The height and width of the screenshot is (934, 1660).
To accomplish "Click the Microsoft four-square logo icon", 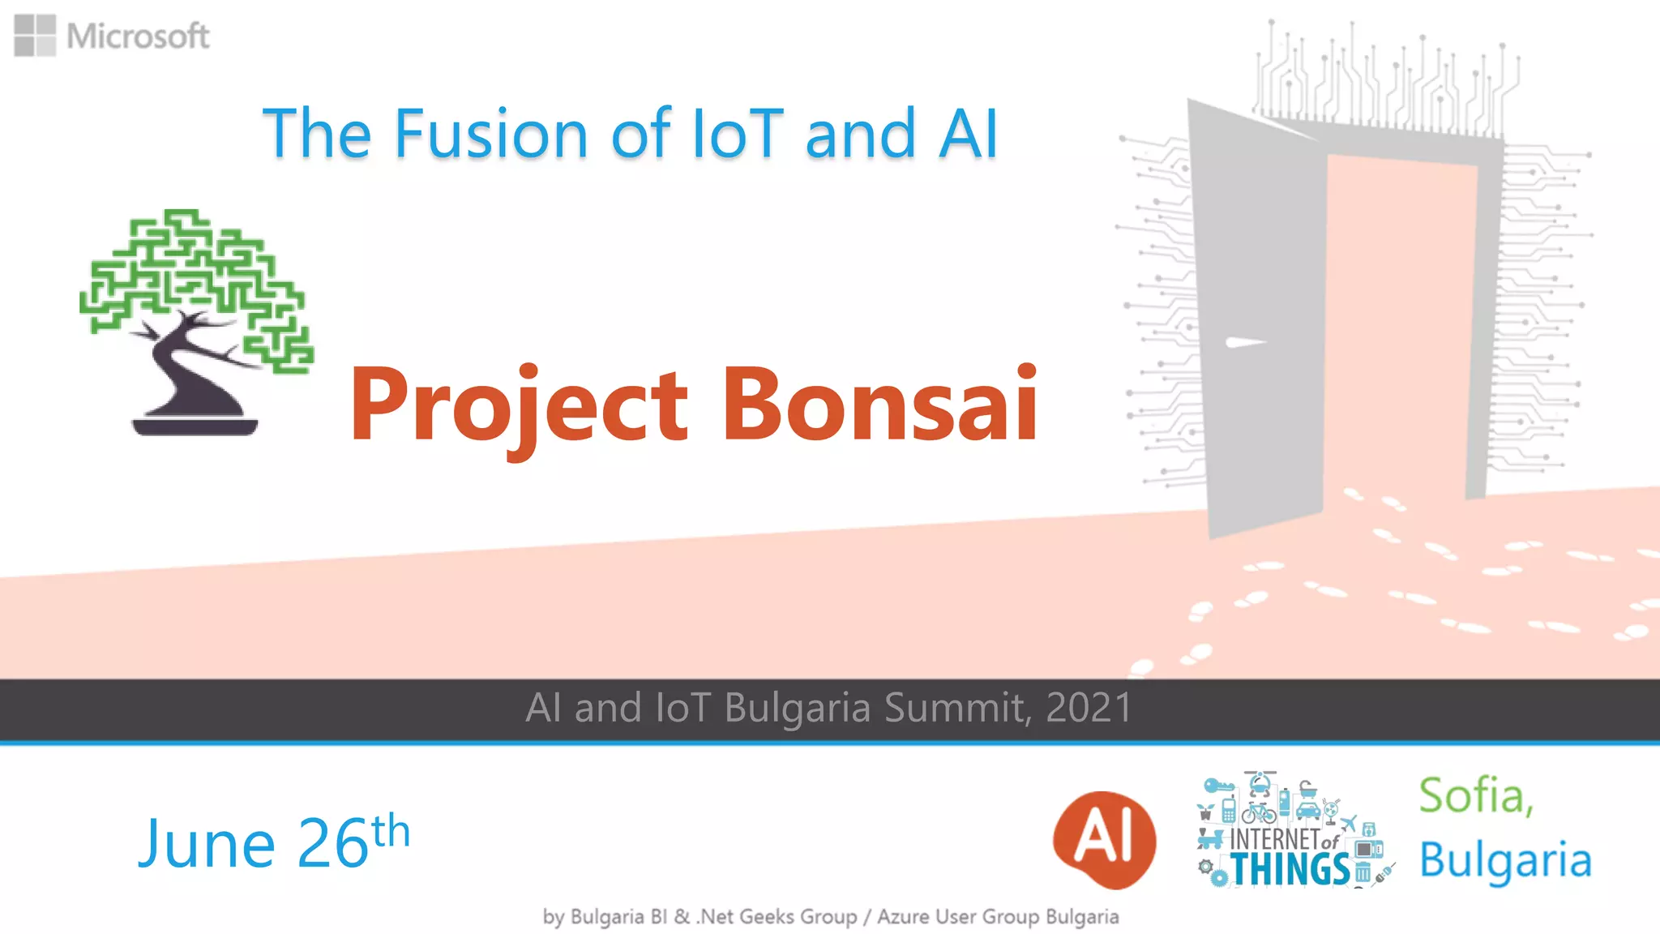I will coord(35,36).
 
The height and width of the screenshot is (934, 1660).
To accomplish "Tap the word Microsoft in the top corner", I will coord(138,36).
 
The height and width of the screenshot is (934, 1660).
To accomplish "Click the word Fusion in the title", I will coord(490,134).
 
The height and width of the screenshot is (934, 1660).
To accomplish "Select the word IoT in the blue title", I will coord(737,134).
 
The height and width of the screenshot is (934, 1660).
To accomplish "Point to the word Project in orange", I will coord(519,405).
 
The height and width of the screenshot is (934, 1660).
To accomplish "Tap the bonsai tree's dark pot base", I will coord(195,426).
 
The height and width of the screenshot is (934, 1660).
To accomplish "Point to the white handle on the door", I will coord(1243,342).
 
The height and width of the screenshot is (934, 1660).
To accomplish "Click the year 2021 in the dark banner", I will coord(1089,708).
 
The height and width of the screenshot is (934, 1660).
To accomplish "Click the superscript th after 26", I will coord(391,831).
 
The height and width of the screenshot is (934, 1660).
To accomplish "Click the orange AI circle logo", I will coord(1104,839).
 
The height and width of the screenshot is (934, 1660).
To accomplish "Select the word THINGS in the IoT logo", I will coord(1290,870).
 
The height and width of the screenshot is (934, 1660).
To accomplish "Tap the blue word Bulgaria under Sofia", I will coord(1505,861).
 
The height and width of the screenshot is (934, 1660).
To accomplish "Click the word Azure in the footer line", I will coord(903,917).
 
